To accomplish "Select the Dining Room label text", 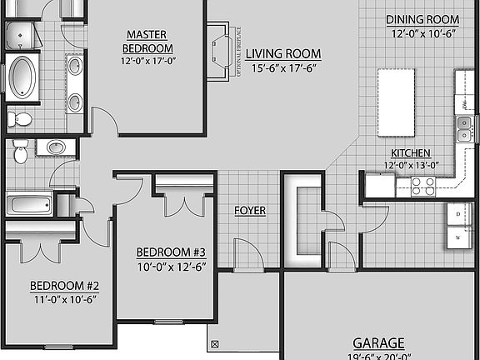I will (422, 20).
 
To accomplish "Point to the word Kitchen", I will (411, 153).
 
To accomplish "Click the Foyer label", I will (249, 211).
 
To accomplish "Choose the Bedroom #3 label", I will (170, 252).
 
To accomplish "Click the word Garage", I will (378, 342).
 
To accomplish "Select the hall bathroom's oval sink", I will (56, 147).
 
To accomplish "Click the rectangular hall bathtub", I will (30, 204).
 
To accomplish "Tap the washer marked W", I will (457, 237).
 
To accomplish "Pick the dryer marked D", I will (457, 214).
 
